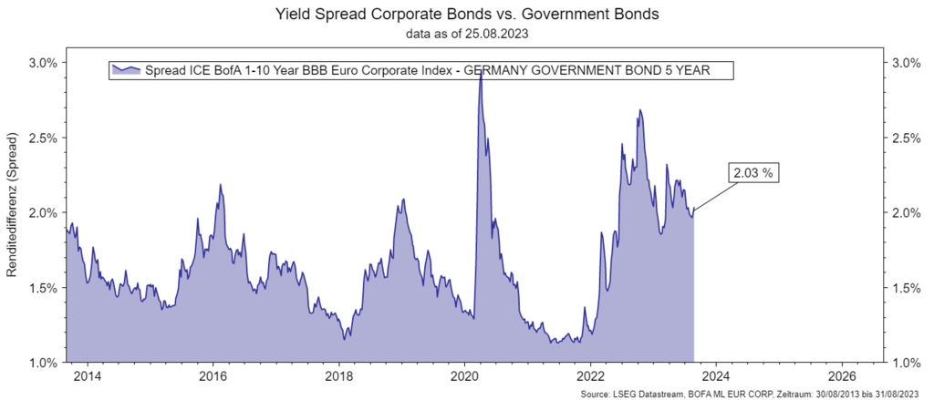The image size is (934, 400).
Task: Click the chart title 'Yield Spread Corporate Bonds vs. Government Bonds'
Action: tap(467, 15)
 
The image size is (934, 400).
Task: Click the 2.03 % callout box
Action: tap(754, 171)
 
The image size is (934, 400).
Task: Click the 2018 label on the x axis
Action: tap(338, 375)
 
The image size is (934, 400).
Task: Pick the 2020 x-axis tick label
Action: tap(464, 375)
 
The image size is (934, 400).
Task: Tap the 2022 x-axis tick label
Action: tap(590, 375)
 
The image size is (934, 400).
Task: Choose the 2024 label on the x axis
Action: tap(716, 375)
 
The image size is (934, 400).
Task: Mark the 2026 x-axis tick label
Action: tap(842, 375)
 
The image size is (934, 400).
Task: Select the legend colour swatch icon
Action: tap(125, 70)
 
